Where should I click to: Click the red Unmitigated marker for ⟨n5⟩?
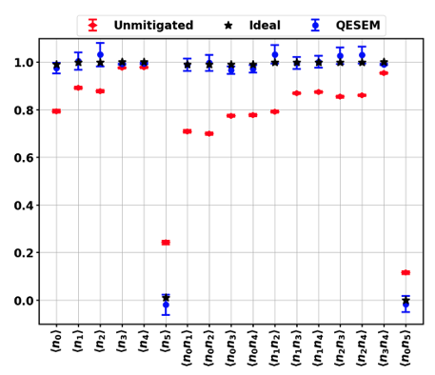pos(166,243)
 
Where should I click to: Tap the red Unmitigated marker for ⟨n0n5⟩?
pos(405,273)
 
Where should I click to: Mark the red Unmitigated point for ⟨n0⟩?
pos(56,111)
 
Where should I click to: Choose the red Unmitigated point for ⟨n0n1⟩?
pos(188,131)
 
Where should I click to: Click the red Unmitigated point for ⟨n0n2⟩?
pos(209,133)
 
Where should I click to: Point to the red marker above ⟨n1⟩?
pos(78,88)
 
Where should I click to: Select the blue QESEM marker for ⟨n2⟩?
pos(100,55)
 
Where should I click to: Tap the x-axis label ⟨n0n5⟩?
pos(405,348)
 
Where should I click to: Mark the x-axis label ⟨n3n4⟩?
pos(384,348)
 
